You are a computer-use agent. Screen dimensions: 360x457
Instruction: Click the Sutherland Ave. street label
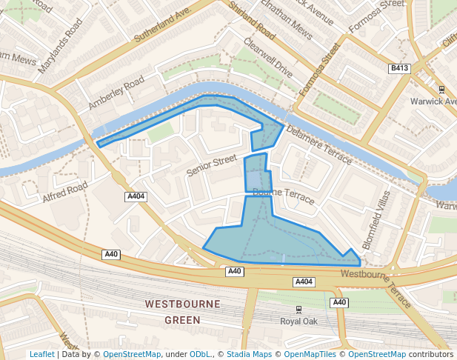[x=164, y=24]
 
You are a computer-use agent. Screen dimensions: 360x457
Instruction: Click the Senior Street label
[x=211, y=165]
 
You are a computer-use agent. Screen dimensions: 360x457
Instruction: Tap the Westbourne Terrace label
[x=377, y=285]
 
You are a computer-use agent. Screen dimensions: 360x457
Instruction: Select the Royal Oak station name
[x=298, y=321]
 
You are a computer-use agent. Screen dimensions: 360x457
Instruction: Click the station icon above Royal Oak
[x=298, y=309]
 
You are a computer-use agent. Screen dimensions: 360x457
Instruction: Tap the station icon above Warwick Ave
[x=442, y=89]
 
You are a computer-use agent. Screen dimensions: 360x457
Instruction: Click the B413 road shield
[x=399, y=68]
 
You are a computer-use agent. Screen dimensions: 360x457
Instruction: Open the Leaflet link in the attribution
[x=42, y=354]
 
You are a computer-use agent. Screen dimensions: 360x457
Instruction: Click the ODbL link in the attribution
[x=201, y=354]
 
